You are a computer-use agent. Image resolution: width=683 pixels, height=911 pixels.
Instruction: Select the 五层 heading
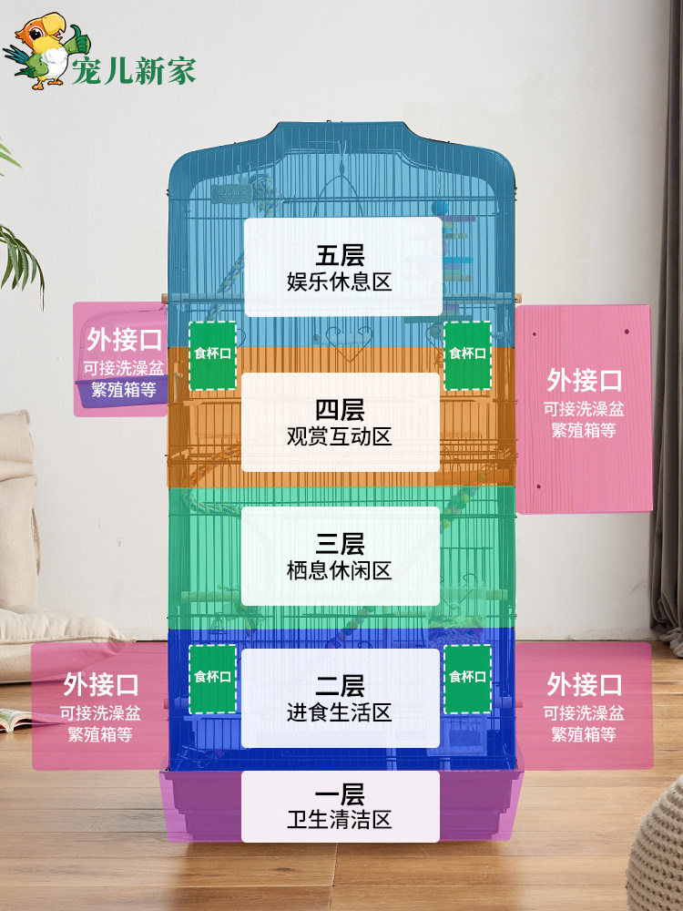(x=340, y=254)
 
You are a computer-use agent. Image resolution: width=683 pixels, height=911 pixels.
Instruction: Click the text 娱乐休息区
(x=340, y=281)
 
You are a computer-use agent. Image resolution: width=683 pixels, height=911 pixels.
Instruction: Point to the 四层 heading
(x=340, y=410)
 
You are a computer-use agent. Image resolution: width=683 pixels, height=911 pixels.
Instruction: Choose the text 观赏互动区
(x=340, y=436)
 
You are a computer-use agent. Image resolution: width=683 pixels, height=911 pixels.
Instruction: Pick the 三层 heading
(x=340, y=545)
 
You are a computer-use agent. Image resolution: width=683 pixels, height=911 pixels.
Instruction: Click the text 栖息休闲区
(x=340, y=571)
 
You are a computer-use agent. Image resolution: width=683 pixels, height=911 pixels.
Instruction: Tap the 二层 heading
(x=340, y=684)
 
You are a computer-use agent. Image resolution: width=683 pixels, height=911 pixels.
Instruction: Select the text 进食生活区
(x=340, y=711)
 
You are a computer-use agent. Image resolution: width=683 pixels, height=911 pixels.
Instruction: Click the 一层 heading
(x=340, y=793)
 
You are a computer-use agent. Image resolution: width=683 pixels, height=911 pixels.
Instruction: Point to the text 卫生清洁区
(x=340, y=820)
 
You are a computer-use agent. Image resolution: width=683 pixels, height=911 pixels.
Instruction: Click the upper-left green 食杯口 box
(x=212, y=354)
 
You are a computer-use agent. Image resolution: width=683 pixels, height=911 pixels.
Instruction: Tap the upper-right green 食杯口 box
(x=467, y=354)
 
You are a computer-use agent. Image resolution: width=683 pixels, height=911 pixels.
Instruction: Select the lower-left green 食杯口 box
(x=212, y=678)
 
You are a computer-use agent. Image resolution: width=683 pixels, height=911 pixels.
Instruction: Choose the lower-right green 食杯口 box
(x=467, y=678)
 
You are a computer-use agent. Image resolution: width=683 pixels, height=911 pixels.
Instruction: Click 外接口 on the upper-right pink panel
(x=584, y=379)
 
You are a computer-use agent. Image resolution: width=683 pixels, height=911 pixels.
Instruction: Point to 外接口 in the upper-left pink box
(x=124, y=341)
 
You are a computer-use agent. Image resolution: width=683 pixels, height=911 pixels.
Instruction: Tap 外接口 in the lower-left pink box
(x=100, y=683)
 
